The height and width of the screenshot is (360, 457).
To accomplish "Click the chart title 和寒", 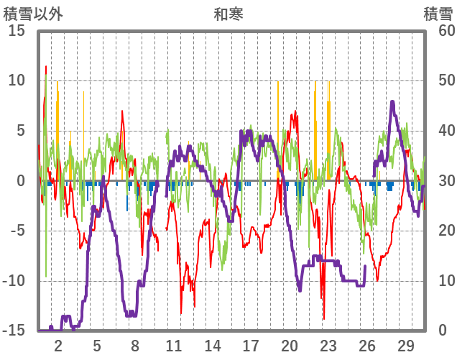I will (x=228, y=14).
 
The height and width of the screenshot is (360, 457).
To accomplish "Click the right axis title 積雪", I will (x=438, y=14).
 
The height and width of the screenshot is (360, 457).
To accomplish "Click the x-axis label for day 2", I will (x=58, y=345).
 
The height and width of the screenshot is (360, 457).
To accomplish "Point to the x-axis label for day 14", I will (x=213, y=345).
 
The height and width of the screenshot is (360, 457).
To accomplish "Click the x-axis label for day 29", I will (x=405, y=345).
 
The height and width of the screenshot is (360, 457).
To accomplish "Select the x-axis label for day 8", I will (x=135, y=345).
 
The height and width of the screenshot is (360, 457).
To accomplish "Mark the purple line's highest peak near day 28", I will (x=392, y=102).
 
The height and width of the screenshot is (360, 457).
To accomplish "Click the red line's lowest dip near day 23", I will (x=324, y=318).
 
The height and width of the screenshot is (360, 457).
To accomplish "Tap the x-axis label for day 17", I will (x=251, y=345).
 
